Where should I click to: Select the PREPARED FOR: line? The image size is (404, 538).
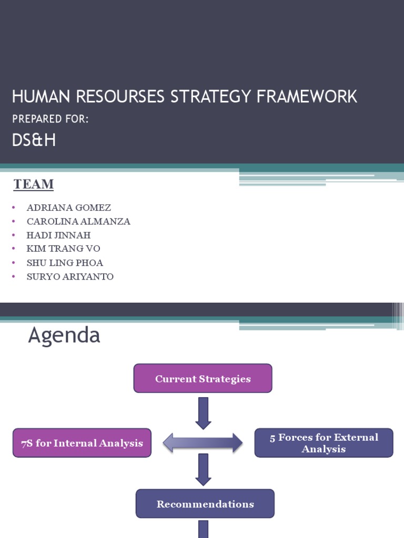pyautogui.click(x=50, y=120)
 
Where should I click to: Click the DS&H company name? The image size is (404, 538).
pyautogui.click(x=34, y=141)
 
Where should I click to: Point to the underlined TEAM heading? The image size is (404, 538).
pyautogui.click(x=34, y=184)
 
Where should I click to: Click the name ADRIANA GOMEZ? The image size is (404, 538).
pyautogui.click(x=68, y=208)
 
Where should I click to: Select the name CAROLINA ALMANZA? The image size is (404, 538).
pyautogui.click(x=78, y=222)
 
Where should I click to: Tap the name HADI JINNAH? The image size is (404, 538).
pyautogui.click(x=58, y=235)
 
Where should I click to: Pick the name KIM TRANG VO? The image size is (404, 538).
pyautogui.click(x=63, y=249)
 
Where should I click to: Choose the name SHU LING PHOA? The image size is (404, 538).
pyautogui.click(x=65, y=263)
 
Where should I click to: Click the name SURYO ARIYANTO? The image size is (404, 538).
pyautogui.click(x=70, y=276)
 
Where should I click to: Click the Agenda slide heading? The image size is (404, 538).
pyautogui.click(x=64, y=335)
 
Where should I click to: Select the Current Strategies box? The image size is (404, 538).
pyautogui.click(x=203, y=379)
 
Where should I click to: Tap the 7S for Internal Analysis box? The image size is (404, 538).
pyautogui.click(x=82, y=443)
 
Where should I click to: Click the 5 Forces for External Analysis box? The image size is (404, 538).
pyautogui.click(x=324, y=443)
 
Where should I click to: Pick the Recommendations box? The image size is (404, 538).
pyautogui.click(x=205, y=504)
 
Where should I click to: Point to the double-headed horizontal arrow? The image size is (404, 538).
pyautogui.click(x=203, y=443)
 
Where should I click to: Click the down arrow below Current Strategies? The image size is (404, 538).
pyautogui.click(x=203, y=412)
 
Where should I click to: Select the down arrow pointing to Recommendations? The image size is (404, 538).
pyautogui.click(x=203, y=469)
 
